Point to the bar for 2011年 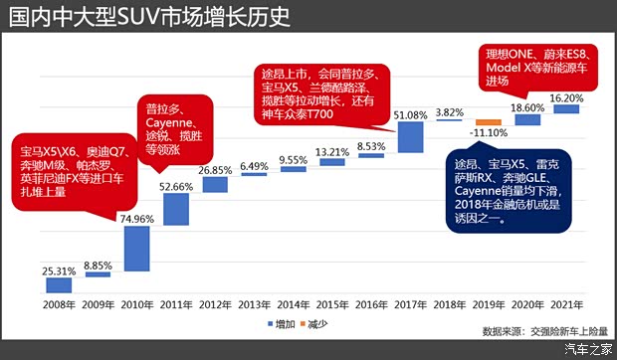[x=176, y=209]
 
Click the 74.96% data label [x=137, y=219]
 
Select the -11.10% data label [x=487, y=133]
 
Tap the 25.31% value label [x=60, y=270]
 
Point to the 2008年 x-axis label [x=60, y=304]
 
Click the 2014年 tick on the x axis [x=293, y=304]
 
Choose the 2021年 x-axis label [x=565, y=304]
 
